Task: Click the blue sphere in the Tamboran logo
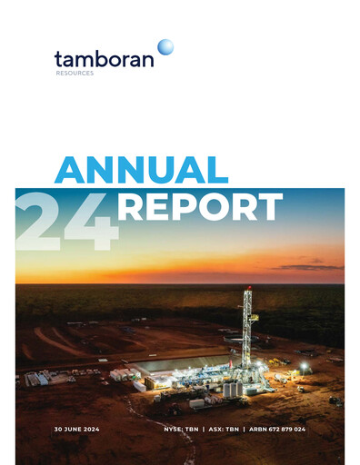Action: pos(165,46)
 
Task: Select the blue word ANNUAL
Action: pos(141,171)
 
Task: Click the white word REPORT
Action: pos(200,207)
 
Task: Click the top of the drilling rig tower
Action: pos(247,292)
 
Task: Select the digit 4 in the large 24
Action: pos(91,222)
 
